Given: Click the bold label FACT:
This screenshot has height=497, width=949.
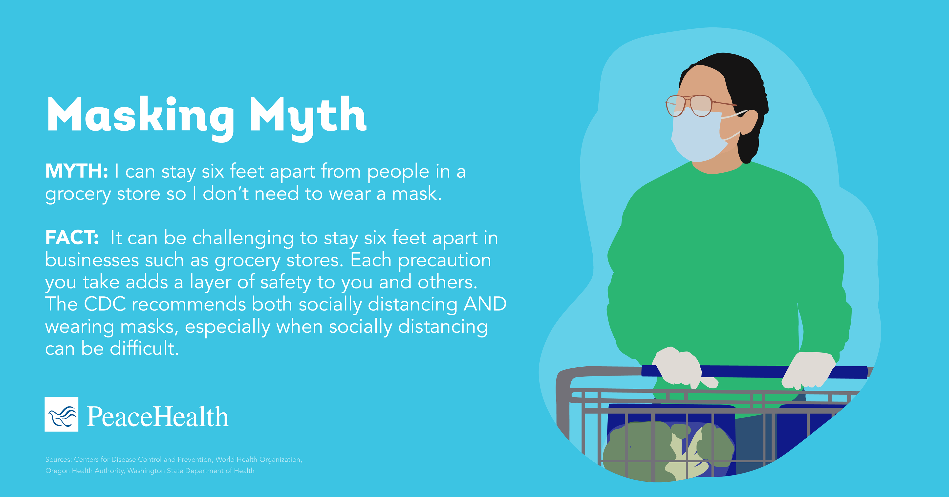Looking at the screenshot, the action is coord(72,237).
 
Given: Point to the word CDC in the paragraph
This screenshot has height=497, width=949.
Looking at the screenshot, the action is coord(105,304).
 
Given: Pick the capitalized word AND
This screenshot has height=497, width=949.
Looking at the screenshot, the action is coord(485,304).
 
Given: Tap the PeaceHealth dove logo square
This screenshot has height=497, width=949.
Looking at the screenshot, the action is coord(62,414).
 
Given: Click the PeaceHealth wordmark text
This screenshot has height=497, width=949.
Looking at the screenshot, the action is coord(158,416).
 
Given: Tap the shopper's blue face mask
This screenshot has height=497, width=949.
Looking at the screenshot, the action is coord(696,135).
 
